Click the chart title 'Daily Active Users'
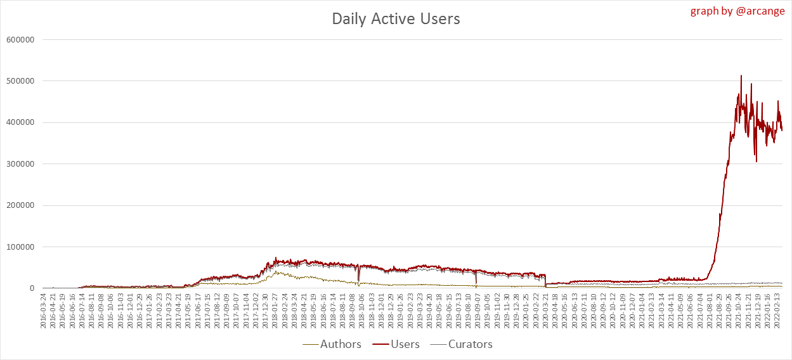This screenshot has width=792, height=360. point(396,19)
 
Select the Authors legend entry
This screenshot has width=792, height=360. point(341,344)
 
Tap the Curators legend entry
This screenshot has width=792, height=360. point(470,344)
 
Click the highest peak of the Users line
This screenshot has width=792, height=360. point(741,75)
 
